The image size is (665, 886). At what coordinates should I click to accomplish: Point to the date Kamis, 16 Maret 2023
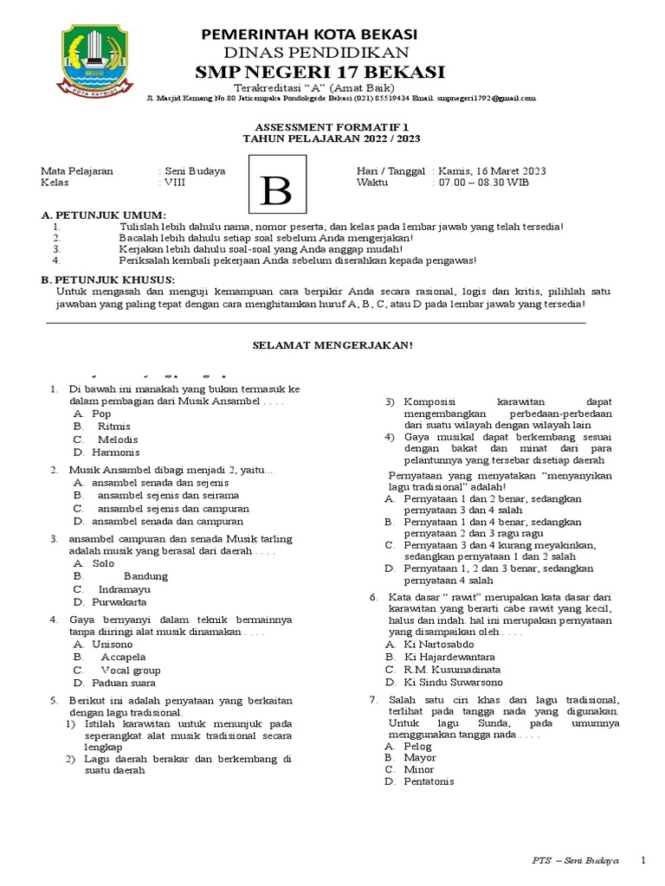click(x=492, y=170)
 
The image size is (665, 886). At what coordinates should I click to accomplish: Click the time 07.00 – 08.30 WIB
click(x=483, y=183)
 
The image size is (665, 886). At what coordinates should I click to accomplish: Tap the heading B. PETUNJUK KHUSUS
click(x=108, y=279)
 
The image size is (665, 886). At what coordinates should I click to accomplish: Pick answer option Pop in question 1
click(x=101, y=414)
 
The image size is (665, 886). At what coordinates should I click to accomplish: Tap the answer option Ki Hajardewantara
click(x=451, y=657)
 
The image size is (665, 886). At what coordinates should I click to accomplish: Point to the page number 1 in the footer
click(x=642, y=861)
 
